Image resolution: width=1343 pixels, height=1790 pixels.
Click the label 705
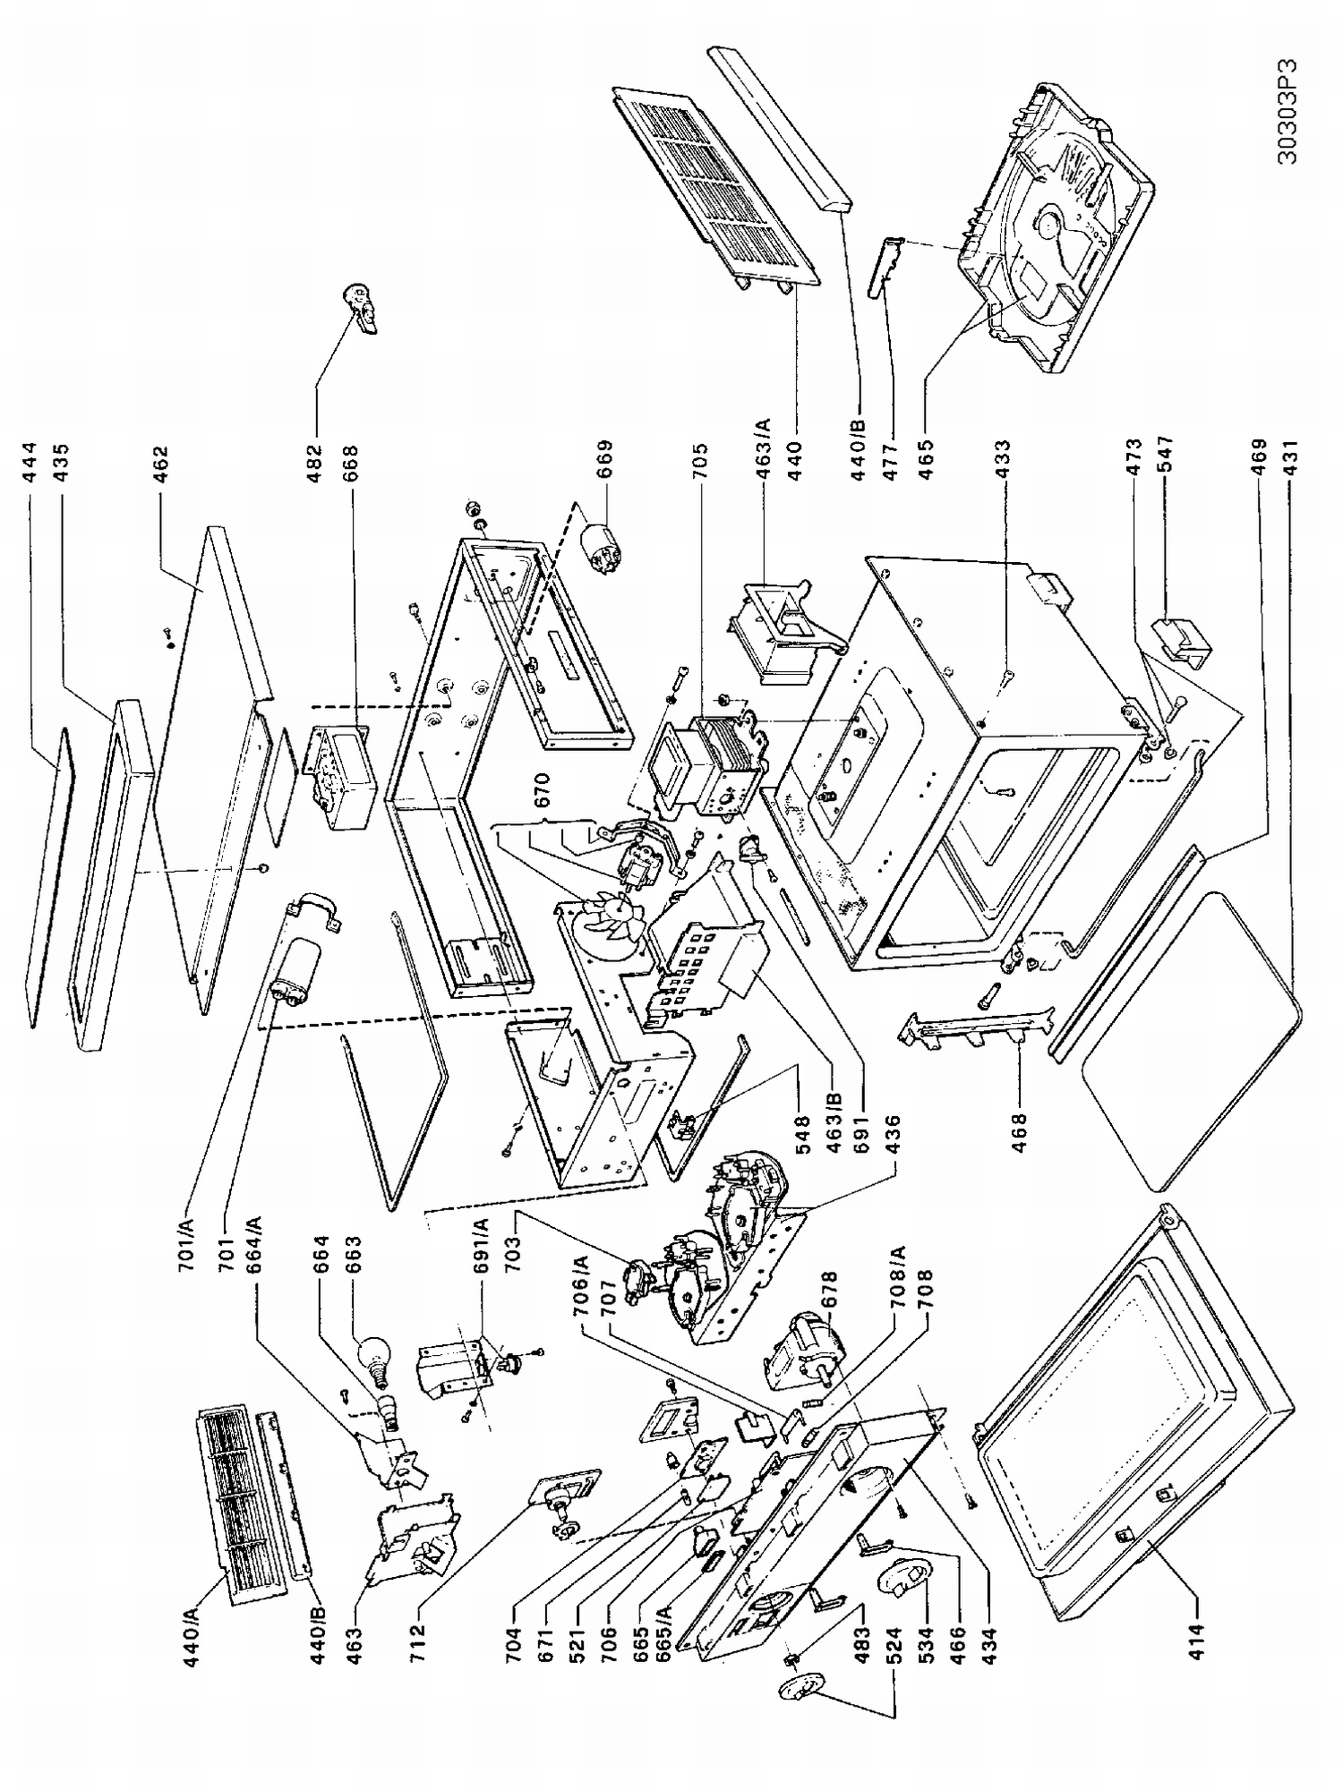point(699,464)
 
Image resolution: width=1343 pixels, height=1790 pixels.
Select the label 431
point(1290,464)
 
